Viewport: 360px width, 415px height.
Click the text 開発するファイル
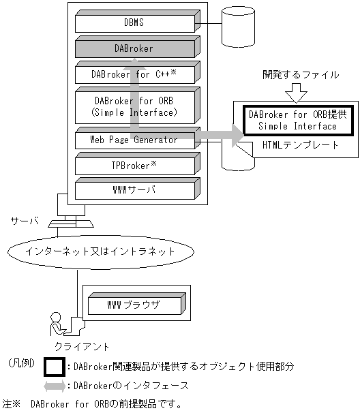pyautogui.click(x=301, y=75)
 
